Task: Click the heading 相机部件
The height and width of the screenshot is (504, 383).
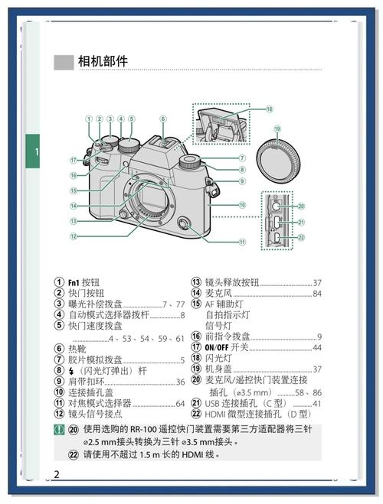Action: [103, 61]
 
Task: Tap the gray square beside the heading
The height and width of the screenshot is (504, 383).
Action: [63, 62]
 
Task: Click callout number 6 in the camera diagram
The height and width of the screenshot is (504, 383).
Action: [163, 119]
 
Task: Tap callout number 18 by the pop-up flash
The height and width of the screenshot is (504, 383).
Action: [270, 109]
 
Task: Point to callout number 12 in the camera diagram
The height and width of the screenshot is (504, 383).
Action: [74, 236]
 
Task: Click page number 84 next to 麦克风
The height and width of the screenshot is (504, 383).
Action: [317, 293]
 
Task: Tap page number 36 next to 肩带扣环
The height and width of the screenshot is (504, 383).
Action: [180, 382]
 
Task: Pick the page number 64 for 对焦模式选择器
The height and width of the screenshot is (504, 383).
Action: [180, 403]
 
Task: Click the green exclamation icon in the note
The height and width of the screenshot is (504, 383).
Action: [59, 429]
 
